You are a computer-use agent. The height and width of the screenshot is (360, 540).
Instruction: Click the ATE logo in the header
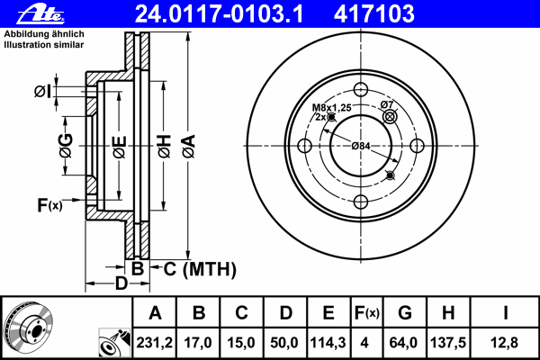(x=40, y=14)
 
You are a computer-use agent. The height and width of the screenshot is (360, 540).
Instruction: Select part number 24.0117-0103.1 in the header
(x=219, y=14)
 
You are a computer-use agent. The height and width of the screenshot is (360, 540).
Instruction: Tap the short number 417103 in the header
(x=374, y=14)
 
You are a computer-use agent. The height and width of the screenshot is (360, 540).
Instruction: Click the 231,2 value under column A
(x=154, y=343)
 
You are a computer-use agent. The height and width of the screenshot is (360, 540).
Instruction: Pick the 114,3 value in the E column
(x=328, y=343)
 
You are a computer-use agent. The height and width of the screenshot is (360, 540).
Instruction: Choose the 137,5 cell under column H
(x=448, y=343)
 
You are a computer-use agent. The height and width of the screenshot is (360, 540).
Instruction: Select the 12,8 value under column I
(x=504, y=343)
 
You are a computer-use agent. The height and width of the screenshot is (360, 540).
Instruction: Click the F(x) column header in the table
(x=367, y=313)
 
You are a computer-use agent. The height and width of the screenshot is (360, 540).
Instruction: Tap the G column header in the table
(x=405, y=313)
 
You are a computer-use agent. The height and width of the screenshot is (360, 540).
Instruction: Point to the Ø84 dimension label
(x=361, y=146)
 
